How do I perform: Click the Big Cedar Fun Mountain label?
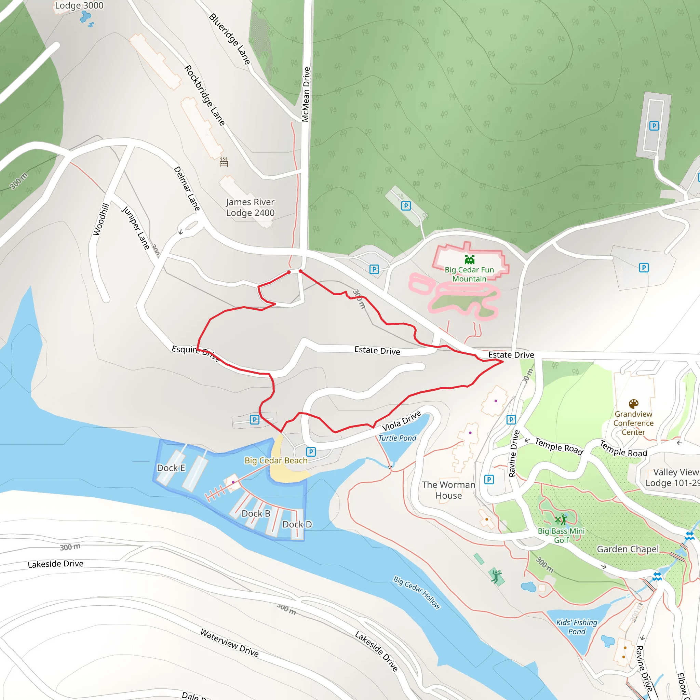click(469, 274)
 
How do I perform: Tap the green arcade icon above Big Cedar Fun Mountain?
click(470, 260)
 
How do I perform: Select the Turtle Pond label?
click(397, 438)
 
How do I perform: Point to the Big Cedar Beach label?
click(276, 460)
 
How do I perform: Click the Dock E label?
click(171, 468)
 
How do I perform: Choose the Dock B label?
click(256, 514)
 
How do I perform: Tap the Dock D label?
click(297, 525)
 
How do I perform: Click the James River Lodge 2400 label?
click(250, 207)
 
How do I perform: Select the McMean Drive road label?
click(306, 94)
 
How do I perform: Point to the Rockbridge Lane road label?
click(205, 95)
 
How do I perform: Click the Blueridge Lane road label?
click(230, 39)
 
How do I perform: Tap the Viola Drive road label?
click(402, 421)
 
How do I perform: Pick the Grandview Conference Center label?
click(633, 423)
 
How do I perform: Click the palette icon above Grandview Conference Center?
click(633, 404)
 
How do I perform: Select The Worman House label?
click(448, 490)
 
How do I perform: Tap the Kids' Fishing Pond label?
click(577, 627)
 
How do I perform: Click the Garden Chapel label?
click(628, 549)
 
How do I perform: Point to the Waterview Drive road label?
click(229, 643)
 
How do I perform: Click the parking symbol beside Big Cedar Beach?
click(311, 452)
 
